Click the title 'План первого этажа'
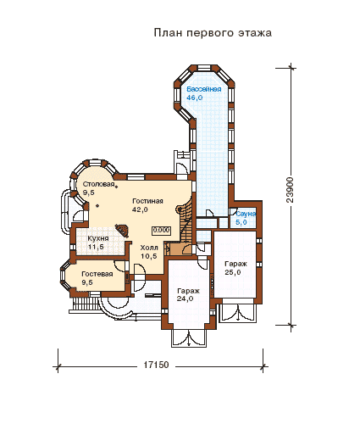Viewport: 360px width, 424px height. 213,33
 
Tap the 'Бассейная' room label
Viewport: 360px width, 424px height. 203,89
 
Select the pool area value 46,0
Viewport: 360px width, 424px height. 195,98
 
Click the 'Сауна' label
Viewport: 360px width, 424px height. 246,214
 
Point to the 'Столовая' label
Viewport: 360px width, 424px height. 98,185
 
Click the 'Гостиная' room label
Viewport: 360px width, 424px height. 147,201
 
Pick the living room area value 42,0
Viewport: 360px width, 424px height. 140,209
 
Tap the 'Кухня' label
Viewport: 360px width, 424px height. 98,238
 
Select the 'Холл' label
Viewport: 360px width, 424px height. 149,248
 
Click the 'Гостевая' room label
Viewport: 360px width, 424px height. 97,274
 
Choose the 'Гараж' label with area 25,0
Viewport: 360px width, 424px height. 235,264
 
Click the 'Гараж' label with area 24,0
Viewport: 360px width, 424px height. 188,291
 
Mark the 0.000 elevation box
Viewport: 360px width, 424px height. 161,230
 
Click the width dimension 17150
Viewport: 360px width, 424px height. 156,365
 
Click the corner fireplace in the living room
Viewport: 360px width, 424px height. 123,230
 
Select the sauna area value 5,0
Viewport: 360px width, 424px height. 241,222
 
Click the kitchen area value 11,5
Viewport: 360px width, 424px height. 96,247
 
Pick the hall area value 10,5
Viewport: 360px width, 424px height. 148,256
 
